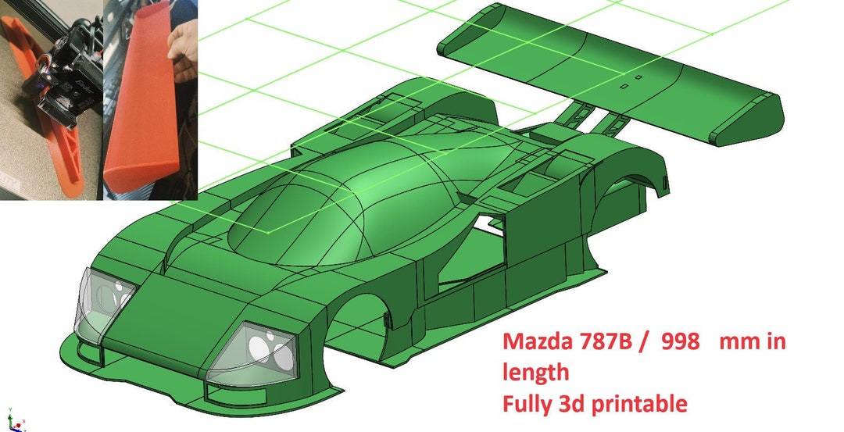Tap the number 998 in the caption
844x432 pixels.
(x=681, y=341)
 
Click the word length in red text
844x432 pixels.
(x=535, y=373)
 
